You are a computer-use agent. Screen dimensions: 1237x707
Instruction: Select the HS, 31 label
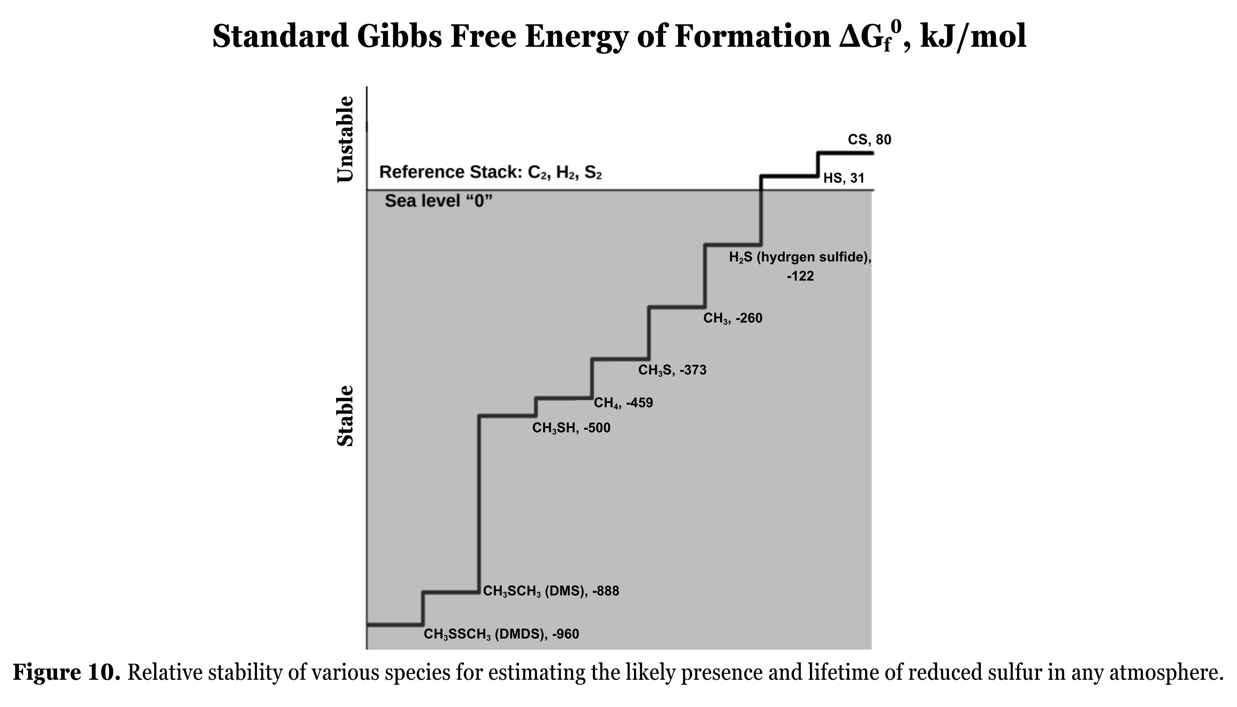click(844, 178)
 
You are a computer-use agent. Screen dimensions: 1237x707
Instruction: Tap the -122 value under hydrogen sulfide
click(800, 276)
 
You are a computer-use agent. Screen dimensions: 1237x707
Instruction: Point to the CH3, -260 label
click(733, 319)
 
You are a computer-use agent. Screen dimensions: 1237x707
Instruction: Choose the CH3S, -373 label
click(672, 370)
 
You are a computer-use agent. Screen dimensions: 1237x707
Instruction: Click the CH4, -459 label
click(623, 403)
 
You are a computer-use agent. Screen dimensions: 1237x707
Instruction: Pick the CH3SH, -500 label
click(571, 428)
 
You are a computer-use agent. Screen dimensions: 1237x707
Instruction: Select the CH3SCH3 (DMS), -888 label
click(551, 591)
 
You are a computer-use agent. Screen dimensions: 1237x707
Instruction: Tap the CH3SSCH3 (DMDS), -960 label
click(501, 634)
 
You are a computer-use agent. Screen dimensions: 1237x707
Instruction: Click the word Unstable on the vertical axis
click(346, 139)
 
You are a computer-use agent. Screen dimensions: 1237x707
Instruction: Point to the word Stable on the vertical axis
click(346, 416)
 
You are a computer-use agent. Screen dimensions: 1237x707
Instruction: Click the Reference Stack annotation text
click(490, 173)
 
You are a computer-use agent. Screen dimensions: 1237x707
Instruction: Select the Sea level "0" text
click(439, 201)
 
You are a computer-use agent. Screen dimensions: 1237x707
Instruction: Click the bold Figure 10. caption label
click(67, 673)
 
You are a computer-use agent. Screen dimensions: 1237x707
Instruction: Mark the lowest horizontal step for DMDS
click(395, 624)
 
